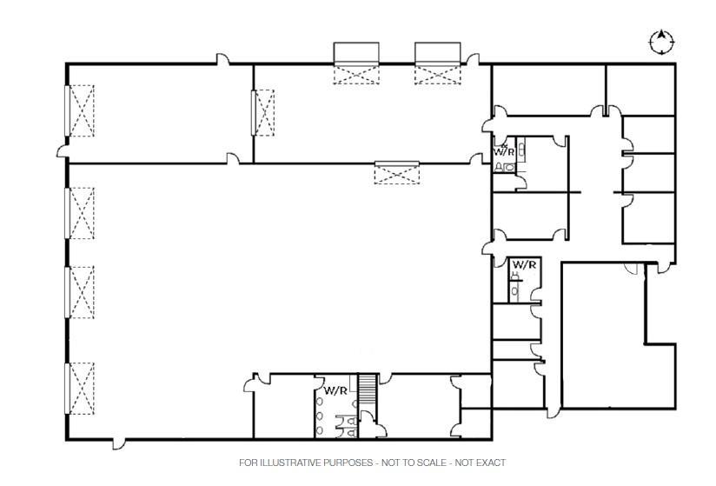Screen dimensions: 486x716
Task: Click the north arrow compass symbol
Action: click(661, 41)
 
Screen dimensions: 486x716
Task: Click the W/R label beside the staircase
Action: click(335, 390)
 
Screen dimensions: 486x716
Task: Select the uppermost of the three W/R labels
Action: click(504, 151)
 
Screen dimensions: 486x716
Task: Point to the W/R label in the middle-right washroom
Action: click(523, 264)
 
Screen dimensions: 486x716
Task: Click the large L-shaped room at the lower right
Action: click(604, 348)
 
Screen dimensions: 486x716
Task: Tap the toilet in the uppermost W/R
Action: click(500, 167)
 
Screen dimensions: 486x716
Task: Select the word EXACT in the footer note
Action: click(490, 463)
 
